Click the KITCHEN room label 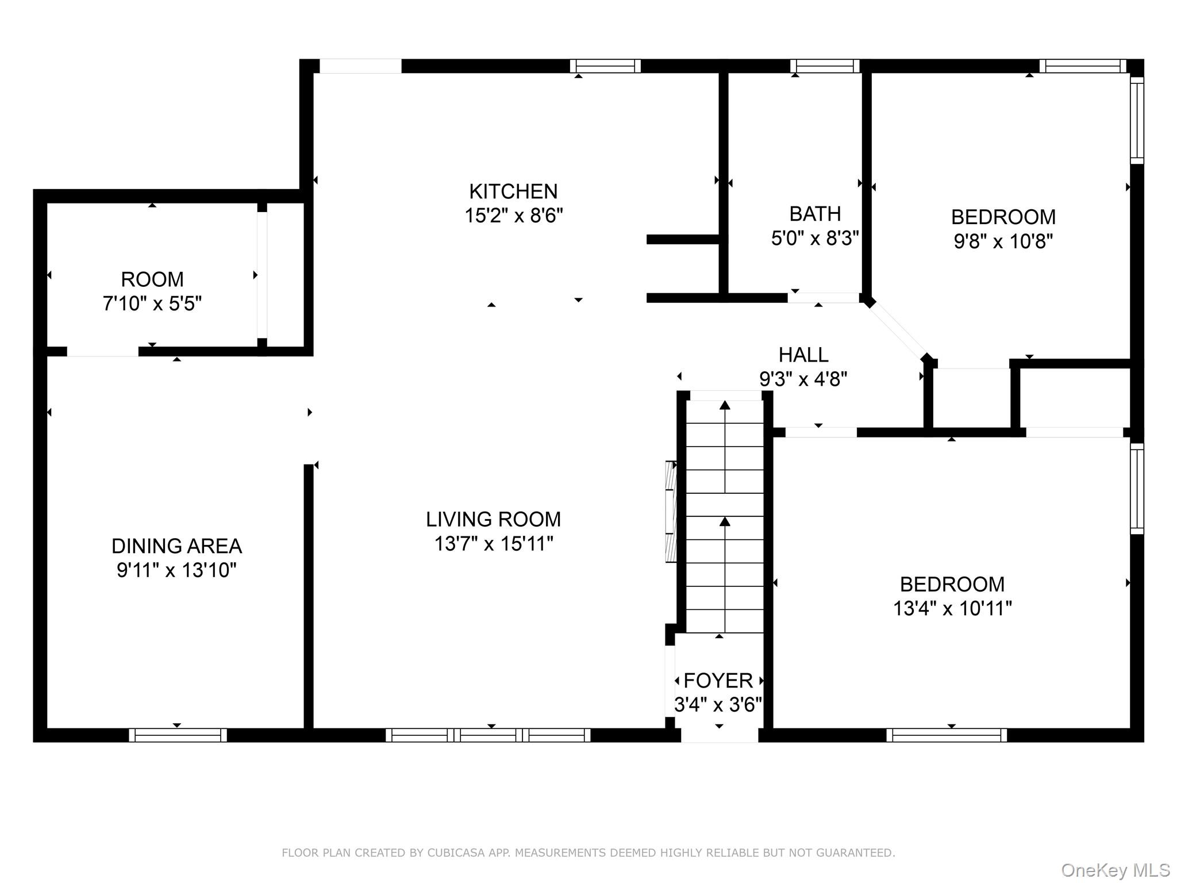coord(513,191)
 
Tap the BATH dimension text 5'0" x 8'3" coord(814,238)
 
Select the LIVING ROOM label coord(493,519)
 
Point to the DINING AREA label coord(176,546)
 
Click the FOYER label coord(718,681)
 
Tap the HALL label coord(803,355)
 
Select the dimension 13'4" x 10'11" coord(952,608)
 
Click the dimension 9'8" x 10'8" coord(1003,241)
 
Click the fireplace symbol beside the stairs coord(671,511)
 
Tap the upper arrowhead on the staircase coord(725,405)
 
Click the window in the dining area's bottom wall coord(178,735)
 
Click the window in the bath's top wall coord(825,66)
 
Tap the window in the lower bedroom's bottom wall coord(946,735)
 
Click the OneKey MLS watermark coord(1115,870)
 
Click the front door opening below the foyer coord(720,735)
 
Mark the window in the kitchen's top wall coord(605,66)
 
